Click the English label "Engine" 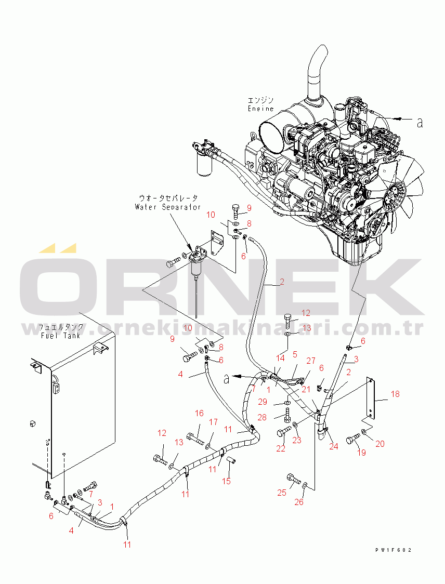(260, 109)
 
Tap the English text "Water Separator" (167, 207)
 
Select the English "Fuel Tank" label (61, 336)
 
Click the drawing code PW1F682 (396, 550)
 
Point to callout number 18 (395, 394)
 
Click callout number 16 (199, 413)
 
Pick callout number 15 (226, 481)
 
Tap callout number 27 (311, 360)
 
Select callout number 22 (281, 448)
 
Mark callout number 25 (282, 492)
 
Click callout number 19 (361, 453)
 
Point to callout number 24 (333, 446)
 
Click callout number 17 (213, 422)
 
